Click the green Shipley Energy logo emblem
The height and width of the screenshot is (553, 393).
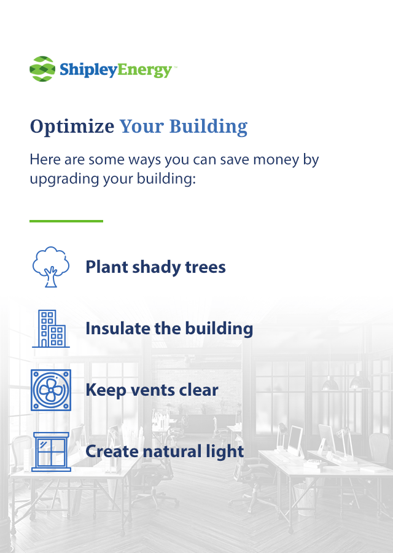(x=42, y=69)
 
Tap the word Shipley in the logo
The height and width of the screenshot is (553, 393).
(x=88, y=70)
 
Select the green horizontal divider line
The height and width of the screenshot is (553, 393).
(x=66, y=221)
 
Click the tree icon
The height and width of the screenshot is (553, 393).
(x=51, y=267)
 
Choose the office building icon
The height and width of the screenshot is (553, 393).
(x=51, y=329)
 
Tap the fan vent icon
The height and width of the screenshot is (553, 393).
(x=51, y=390)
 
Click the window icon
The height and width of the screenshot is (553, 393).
(x=51, y=452)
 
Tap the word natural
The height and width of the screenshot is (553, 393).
(x=171, y=452)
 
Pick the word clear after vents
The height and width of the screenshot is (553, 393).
(x=199, y=390)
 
